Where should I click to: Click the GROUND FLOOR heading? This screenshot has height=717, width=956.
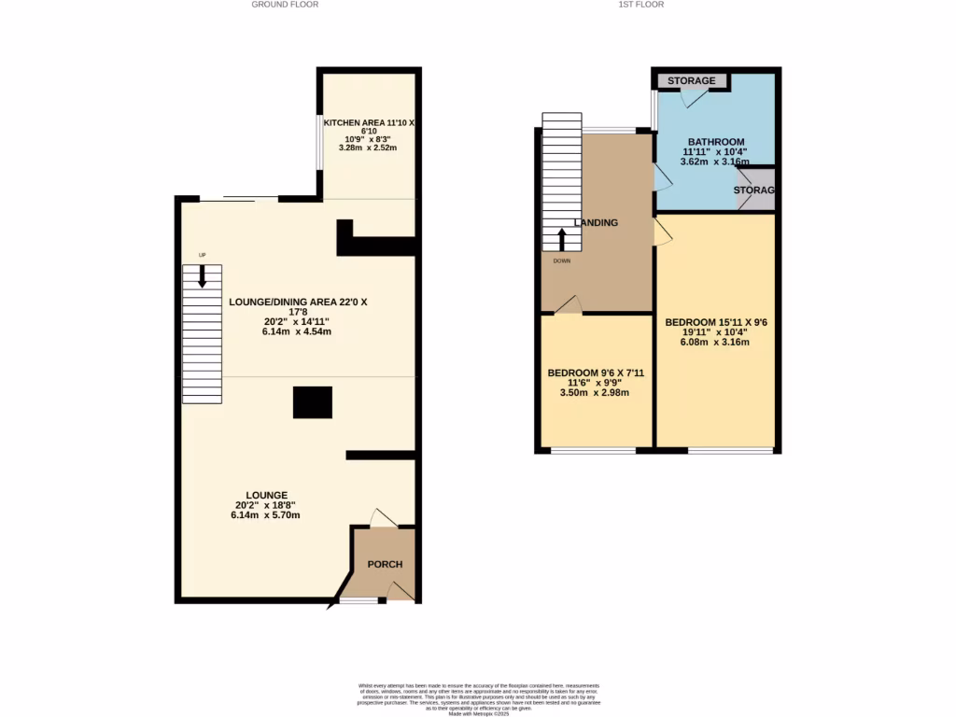point(285,5)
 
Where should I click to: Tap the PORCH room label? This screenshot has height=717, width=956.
point(385,564)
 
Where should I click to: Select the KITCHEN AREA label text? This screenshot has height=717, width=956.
point(368,123)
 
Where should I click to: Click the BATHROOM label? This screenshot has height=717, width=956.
point(716,142)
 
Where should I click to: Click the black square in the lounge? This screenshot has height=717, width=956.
point(313,402)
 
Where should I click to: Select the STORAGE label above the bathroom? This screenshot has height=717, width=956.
point(692,81)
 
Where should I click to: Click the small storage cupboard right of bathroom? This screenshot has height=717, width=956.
point(755,190)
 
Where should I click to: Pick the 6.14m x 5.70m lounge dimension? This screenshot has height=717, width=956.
point(265,515)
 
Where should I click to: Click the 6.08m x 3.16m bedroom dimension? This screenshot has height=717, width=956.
point(714,343)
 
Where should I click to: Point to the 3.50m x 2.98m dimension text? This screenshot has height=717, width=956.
point(595,393)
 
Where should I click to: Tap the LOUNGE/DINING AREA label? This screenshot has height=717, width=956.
point(298,302)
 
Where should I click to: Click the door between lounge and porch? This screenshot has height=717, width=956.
point(383,518)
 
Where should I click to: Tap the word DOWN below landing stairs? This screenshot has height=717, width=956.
point(561,261)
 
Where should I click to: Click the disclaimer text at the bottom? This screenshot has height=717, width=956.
point(478,698)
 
